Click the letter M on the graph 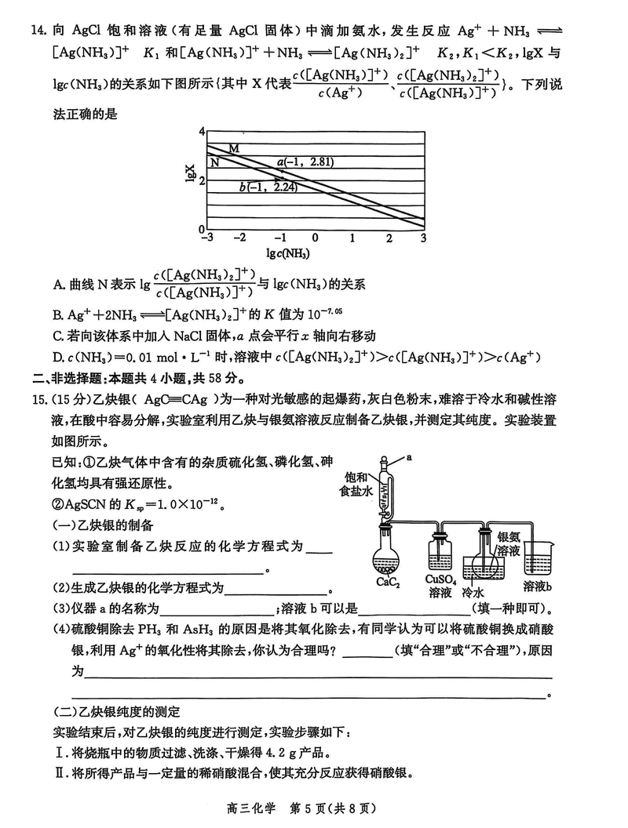point(234,149)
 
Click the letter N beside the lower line point(214,162)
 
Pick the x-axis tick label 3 point(423,237)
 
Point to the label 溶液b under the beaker point(538,586)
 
